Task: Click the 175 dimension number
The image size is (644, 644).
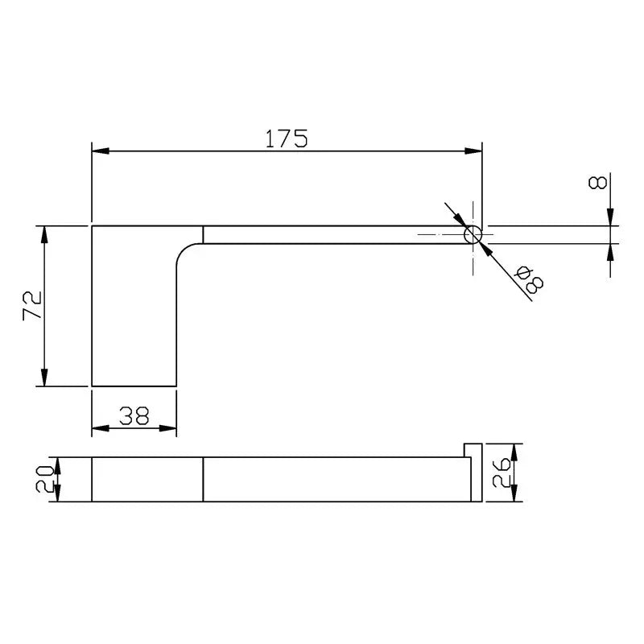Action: [x=287, y=138]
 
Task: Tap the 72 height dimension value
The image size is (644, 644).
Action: [x=32, y=305]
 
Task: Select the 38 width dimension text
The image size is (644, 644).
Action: [x=134, y=415]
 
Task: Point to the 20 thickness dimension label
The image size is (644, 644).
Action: [x=45, y=479]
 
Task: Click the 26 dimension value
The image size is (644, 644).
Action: [x=502, y=473]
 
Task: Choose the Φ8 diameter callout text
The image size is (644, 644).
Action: [x=530, y=279]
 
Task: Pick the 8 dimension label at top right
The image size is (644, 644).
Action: [x=597, y=183]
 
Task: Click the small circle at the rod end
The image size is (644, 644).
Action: [x=473, y=234]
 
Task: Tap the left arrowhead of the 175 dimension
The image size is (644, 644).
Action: [x=100, y=151]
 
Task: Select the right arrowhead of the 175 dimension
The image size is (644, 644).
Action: [x=473, y=151]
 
